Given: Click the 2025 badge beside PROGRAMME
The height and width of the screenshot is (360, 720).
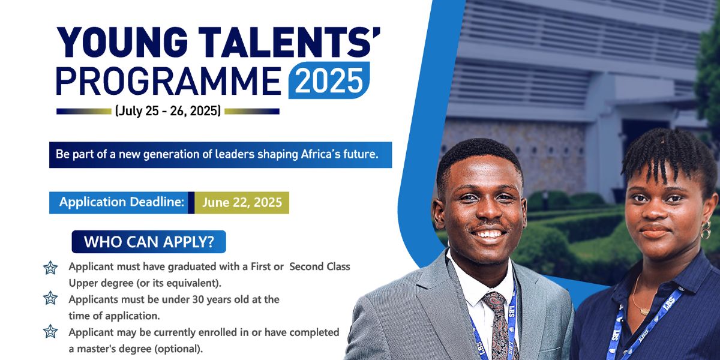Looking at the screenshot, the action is pyautogui.click(x=329, y=80).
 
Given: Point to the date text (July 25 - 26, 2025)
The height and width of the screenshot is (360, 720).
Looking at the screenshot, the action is pyautogui.click(x=168, y=111).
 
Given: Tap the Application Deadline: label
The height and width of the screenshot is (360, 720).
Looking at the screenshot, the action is pyautogui.click(x=121, y=202).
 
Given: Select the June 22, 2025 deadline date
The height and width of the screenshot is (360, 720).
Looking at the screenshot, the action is pyautogui.click(x=242, y=203).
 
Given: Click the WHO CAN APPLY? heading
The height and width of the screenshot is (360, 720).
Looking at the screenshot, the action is pyautogui.click(x=149, y=242).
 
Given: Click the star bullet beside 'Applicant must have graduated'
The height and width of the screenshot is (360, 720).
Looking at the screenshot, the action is pyautogui.click(x=50, y=268).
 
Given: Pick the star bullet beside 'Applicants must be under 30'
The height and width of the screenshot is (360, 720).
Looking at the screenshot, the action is pyautogui.click(x=50, y=298).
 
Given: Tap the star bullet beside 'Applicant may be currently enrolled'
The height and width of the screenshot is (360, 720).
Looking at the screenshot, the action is pyautogui.click(x=50, y=331).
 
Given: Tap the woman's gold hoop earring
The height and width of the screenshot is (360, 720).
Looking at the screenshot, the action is pyautogui.click(x=706, y=229).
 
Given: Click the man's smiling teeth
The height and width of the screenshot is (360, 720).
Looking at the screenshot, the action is pyautogui.click(x=488, y=233).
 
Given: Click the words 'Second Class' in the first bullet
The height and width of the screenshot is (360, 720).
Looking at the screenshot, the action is pyautogui.click(x=319, y=267).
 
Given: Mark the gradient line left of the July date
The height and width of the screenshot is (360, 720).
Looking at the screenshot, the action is pyautogui.click(x=84, y=111).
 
